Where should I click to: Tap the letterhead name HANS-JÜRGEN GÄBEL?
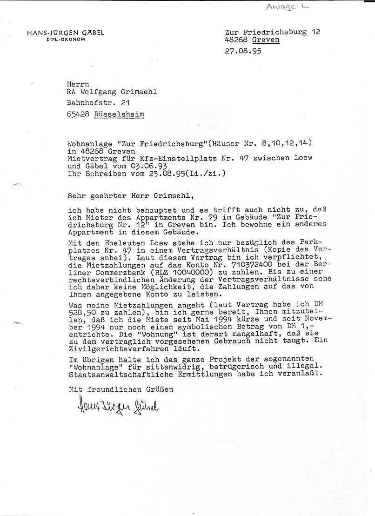click(x=65, y=33)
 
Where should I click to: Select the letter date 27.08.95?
click(x=242, y=52)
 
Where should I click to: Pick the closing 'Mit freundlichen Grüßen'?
click(x=121, y=388)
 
